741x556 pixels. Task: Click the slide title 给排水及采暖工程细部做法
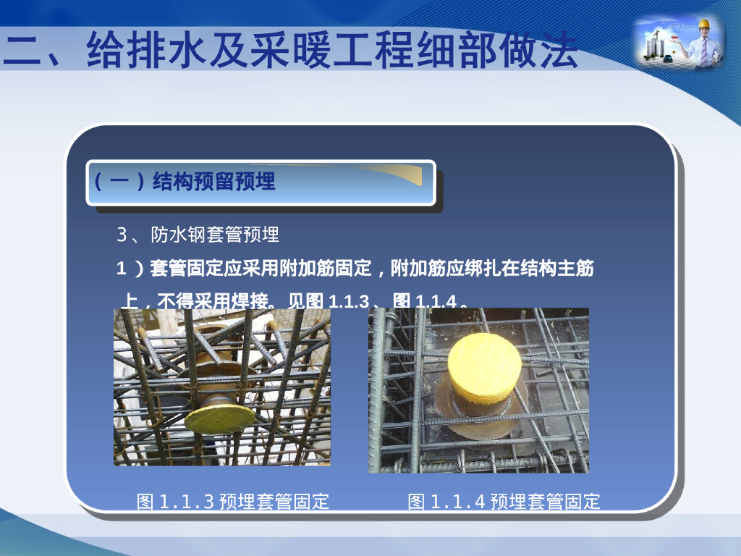point(289,49)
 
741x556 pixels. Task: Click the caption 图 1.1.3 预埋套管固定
point(233,501)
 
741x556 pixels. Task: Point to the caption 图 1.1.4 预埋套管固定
point(504,501)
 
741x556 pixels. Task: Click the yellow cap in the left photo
point(219,418)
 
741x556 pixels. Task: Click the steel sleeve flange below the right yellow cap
point(478,424)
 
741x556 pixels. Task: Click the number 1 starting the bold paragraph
point(122,269)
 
